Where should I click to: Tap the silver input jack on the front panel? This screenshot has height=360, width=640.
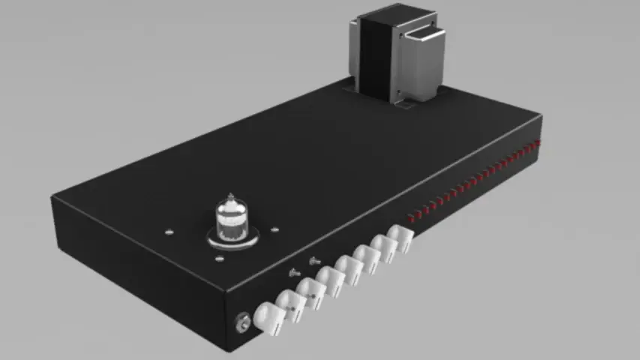click(242, 322)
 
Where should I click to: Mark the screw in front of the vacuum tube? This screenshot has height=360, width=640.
click(219, 259)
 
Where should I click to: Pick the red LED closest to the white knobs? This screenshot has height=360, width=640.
click(411, 217)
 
